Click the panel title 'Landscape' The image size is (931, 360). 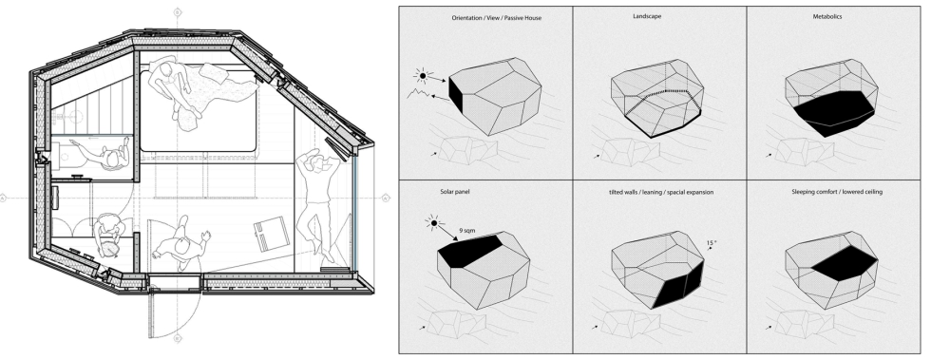pos(647,17)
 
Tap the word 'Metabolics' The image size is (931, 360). pos(827,17)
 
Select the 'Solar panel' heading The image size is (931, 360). pos(456,192)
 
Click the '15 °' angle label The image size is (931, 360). pos(712,243)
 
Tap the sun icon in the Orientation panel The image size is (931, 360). pos(423,75)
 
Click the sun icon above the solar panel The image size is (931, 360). pos(433,223)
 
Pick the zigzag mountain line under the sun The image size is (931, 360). pos(418,94)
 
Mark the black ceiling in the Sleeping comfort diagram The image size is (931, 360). pos(845,262)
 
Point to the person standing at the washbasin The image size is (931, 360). pos(103,153)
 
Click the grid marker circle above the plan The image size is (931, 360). pos(177,12)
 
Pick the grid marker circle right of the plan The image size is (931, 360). pos(386,198)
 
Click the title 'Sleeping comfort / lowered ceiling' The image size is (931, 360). pos(837,192)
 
